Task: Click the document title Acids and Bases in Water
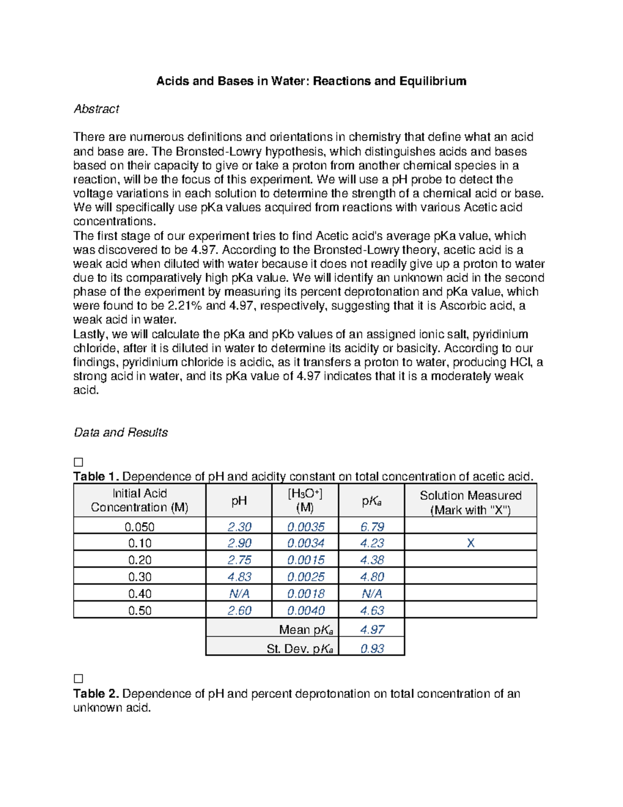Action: click(x=311, y=81)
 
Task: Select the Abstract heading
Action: click(x=96, y=109)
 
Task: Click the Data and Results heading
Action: click(x=120, y=432)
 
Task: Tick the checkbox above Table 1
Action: click(x=78, y=462)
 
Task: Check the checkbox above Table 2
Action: click(x=78, y=679)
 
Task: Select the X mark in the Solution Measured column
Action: click(x=470, y=543)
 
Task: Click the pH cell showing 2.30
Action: click(x=239, y=526)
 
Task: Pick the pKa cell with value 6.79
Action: click(x=372, y=526)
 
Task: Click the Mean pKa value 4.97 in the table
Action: click(x=372, y=630)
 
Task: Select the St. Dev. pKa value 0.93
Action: click(x=372, y=649)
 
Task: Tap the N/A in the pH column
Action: click(x=239, y=593)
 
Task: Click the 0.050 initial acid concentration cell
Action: click(x=140, y=526)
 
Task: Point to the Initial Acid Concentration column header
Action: click(x=140, y=500)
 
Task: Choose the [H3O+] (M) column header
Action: click(x=305, y=500)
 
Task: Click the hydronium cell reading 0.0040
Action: click(x=306, y=610)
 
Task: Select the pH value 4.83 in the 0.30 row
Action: click(x=239, y=577)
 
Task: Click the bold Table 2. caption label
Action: click(x=96, y=694)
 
